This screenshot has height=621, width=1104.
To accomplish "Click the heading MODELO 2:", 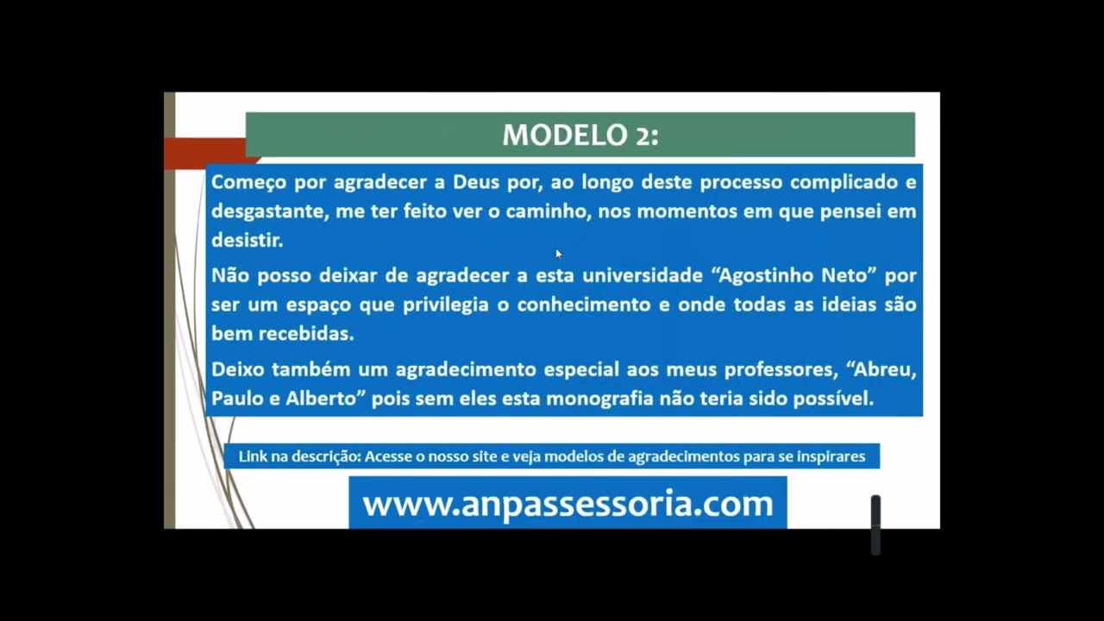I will (x=580, y=135).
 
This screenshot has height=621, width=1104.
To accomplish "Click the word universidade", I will (x=642, y=276).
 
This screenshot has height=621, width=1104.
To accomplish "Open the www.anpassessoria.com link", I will (x=568, y=504).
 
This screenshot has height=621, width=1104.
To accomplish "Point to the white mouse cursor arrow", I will (x=558, y=253).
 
